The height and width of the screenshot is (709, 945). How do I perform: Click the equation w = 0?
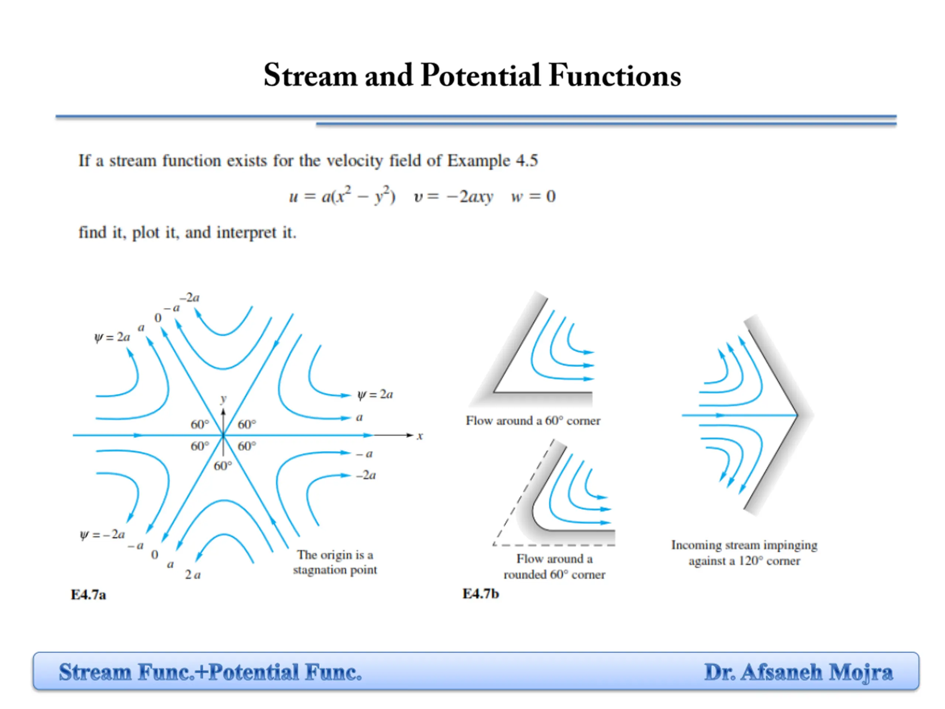533,196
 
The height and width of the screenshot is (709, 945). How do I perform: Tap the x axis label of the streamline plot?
420,436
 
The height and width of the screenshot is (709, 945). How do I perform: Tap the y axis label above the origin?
223,399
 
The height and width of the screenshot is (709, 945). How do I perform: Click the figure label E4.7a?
88,595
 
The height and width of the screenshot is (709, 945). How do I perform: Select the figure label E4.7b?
480,594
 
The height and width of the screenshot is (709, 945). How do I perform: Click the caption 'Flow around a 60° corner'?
533,421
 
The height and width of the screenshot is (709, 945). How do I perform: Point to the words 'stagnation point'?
334,570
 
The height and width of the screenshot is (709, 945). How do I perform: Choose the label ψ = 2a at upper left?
111,337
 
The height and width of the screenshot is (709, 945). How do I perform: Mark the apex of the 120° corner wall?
797,415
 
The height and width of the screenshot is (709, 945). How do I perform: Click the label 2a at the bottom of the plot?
193,575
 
